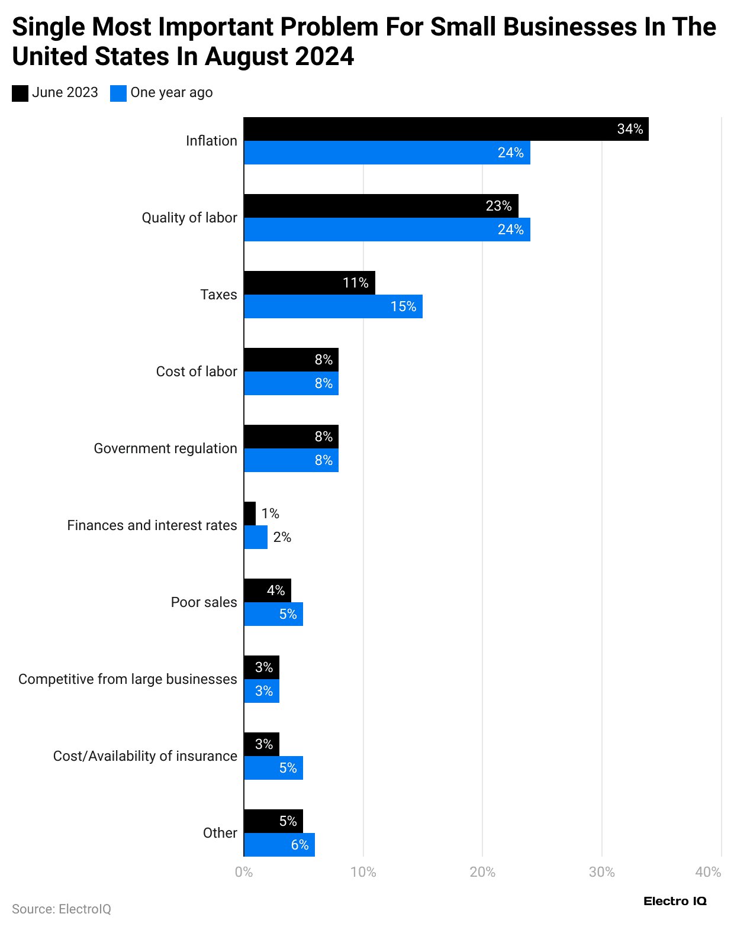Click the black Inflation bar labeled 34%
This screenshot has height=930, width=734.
coord(446,129)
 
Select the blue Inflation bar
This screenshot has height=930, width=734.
coord(387,153)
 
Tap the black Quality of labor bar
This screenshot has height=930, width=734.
coord(381,206)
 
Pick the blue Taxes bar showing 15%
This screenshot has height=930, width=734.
coord(333,306)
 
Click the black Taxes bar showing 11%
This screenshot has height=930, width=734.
coord(309,283)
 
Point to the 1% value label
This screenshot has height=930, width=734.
coord(271,514)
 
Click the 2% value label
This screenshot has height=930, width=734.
coord(282,537)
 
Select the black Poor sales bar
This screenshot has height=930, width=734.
coord(267,590)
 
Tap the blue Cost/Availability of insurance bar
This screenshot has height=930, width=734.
coord(273,768)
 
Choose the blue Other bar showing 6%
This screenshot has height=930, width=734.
coord(279,845)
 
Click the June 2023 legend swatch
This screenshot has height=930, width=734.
coord(20,93)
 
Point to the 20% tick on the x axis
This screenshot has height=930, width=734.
coord(482,872)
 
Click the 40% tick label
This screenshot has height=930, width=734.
coord(708,872)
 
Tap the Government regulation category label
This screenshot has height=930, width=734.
coord(165,448)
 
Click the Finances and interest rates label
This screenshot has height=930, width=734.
coord(152,525)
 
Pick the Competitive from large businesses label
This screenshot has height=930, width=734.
coord(127,679)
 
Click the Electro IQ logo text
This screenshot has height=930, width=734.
coord(675,901)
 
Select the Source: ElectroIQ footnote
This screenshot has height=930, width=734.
coord(62,909)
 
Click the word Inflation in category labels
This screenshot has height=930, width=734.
coord(211,141)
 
